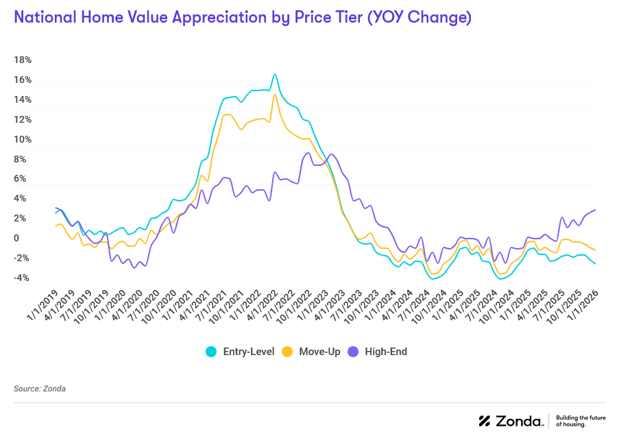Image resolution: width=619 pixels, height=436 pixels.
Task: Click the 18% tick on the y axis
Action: [x=23, y=60]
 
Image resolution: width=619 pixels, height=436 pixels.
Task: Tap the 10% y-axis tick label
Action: [x=23, y=140]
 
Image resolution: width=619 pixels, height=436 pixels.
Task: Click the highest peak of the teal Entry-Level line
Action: [x=275, y=74]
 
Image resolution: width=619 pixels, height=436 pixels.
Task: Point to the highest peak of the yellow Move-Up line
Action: [x=275, y=95]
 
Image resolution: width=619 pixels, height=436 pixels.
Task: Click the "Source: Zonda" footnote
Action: [x=40, y=389]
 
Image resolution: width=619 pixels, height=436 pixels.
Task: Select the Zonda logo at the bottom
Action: [x=511, y=421]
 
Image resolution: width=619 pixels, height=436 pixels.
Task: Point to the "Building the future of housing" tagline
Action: [x=580, y=421]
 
